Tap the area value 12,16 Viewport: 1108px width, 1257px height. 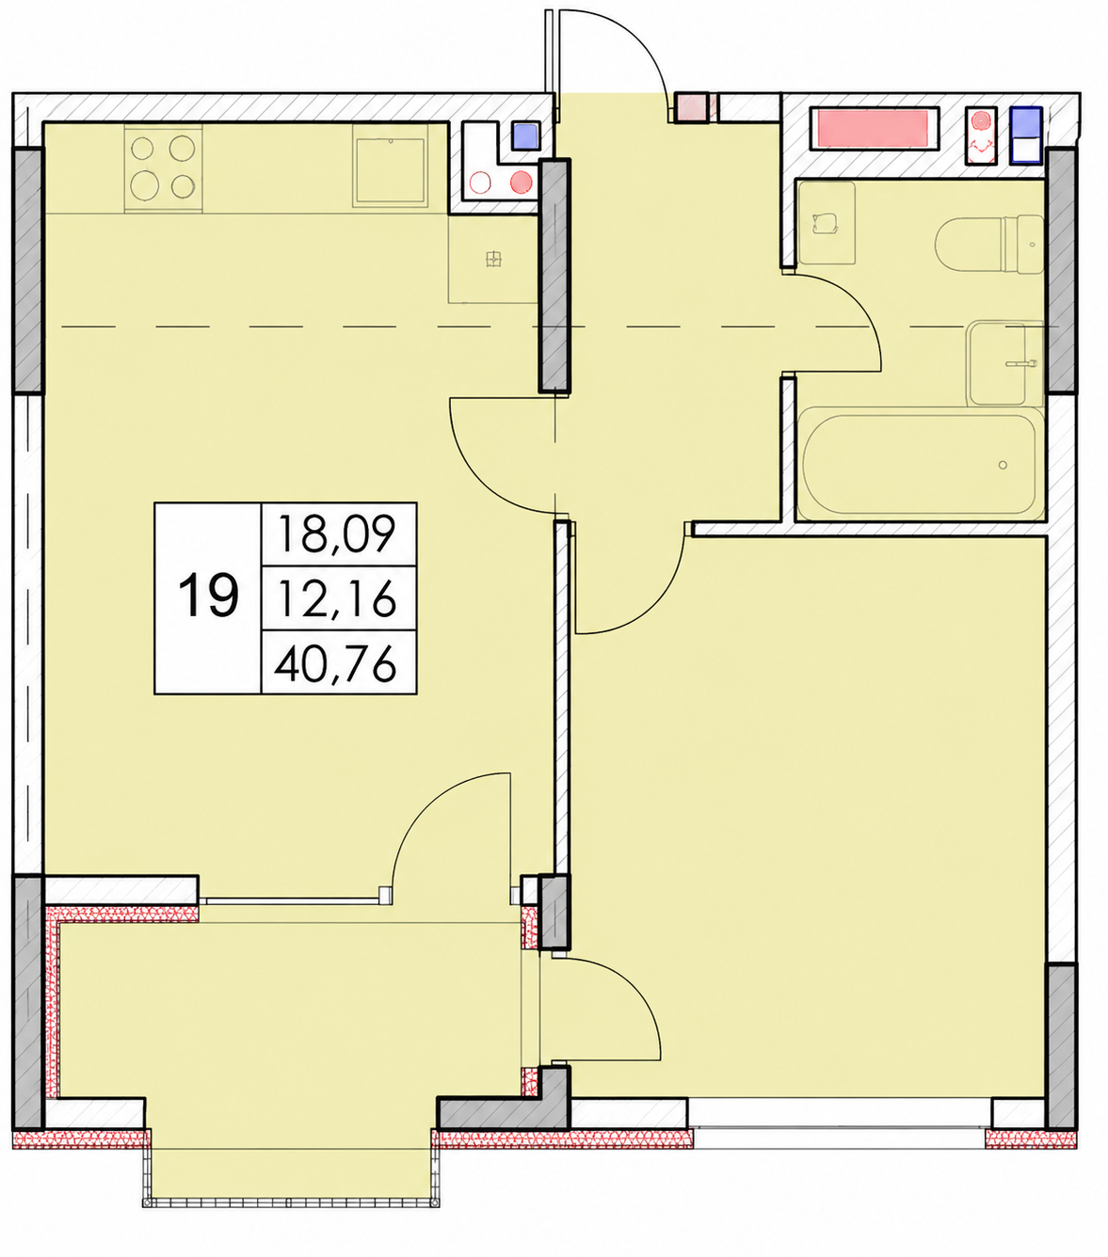pos(338,598)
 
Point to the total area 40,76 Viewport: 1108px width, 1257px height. pos(335,663)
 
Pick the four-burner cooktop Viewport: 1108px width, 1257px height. pos(163,167)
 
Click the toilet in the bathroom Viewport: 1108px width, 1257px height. pos(989,244)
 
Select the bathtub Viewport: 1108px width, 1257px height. pos(920,464)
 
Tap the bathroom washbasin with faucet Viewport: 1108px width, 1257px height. pos(1005,362)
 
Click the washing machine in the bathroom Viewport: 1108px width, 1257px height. pos(827,223)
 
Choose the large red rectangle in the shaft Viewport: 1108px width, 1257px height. pos(875,129)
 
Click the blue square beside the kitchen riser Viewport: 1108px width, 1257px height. pos(525,135)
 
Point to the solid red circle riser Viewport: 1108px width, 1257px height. pos(521,183)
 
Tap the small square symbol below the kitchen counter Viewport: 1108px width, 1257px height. pos(493,259)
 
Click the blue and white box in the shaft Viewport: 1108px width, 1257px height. pos(1025,135)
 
